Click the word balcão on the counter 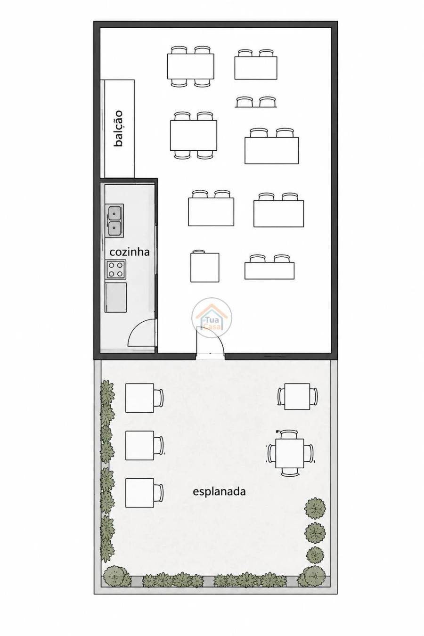click(119, 128)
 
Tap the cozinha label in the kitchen click(130, 252)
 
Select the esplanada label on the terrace click(219, 491)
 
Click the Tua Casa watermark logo click(212, 318)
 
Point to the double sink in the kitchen click(114, 220)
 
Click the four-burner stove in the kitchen click(115, 269)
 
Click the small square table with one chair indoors click(204, 267)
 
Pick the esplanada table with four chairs click(290, 453)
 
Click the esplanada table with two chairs click(297, 396)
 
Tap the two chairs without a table click(256, 102)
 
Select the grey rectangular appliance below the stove click(115, 297)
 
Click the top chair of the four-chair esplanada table click(289, 434)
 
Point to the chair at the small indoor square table click(198, 252)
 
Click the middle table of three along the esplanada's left click(140, 446)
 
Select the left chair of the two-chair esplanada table click(281, 396)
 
